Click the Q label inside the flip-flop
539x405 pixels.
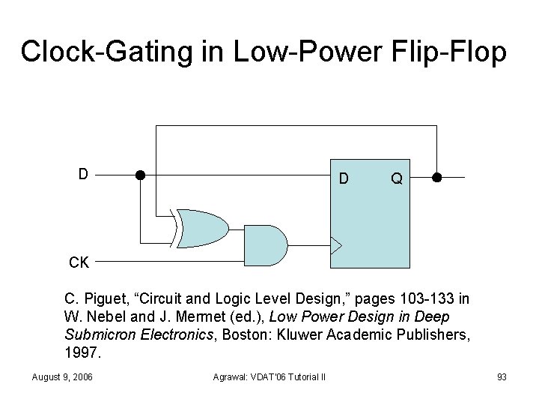click(397, 179)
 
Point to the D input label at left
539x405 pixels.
click(84, 174)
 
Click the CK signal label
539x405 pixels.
click(79, 263)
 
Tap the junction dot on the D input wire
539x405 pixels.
click(139, 176)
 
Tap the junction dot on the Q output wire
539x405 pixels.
click(437, 178)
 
